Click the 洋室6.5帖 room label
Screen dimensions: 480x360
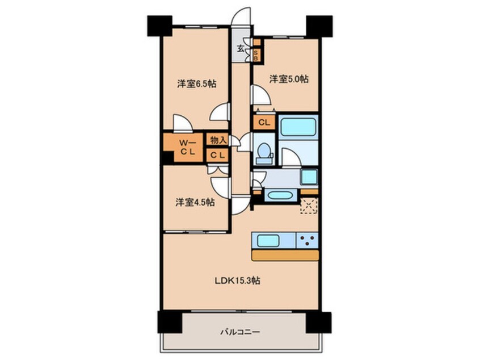tap(196, 83)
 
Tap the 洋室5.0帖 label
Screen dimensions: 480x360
tap(289, 79)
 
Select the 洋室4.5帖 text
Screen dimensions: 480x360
tap(195, 202)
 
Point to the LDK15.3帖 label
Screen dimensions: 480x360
tap(238, 281)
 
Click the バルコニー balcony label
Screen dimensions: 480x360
tap(241, 332)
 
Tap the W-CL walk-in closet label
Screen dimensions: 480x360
tap(187, 147)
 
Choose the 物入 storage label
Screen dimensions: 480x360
tap(218, 140)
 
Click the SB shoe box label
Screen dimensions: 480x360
tap(256, 55)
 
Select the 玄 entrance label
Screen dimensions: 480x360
tap(241, 48)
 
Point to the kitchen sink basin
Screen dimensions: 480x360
tap(268, 240)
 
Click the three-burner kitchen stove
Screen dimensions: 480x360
tap(308, 240)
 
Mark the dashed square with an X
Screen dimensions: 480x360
tap(309, 206)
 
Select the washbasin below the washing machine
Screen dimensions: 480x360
tap(281, 195)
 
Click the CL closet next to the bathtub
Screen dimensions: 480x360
tap(264, 122)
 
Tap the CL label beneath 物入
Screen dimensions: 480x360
tap(218, 156)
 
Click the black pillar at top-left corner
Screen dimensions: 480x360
tap(159, 26)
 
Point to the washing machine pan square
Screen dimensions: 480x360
tap(309, 177)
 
